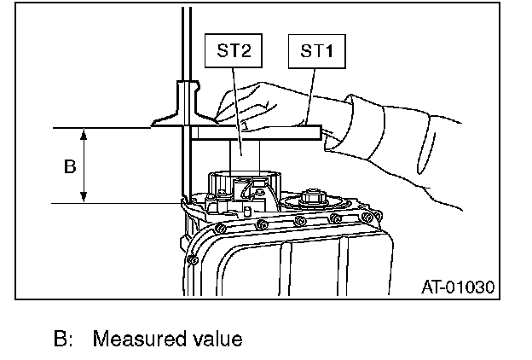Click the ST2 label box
[233, 51]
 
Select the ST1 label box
[316, 51]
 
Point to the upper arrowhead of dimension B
[84, 133]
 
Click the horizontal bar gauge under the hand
[256, 132]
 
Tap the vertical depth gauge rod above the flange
[182, 43]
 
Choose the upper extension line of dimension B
[102, 128]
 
